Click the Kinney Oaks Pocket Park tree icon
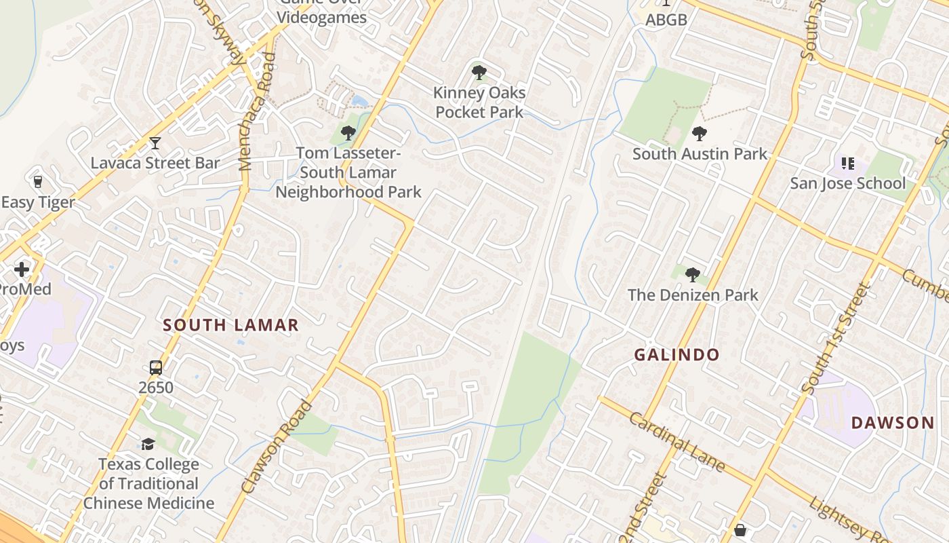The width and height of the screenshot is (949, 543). [479, 71]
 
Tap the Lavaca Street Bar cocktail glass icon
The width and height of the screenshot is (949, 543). [155, 143]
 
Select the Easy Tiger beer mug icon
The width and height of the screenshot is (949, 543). [38, 181]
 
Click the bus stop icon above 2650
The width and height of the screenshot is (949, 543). [156, 368]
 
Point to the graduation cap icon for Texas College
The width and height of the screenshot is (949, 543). [148, 445]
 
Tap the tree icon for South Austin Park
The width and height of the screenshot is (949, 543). [700, 134]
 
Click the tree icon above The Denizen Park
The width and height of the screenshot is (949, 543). [692, 275]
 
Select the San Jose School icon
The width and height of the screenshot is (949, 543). [847, 164]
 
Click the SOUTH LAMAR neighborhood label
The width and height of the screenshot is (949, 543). [231, 325]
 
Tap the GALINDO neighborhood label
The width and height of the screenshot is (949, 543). [677, 354]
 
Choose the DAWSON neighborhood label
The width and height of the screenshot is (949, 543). [893, 423]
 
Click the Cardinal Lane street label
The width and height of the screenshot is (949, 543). [677, 442]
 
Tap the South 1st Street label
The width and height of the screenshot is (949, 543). [835, 339]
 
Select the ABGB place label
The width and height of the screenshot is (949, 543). [666, 20]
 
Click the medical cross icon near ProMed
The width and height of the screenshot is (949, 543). [22, 269]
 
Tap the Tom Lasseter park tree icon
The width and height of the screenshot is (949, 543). [348, 133]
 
